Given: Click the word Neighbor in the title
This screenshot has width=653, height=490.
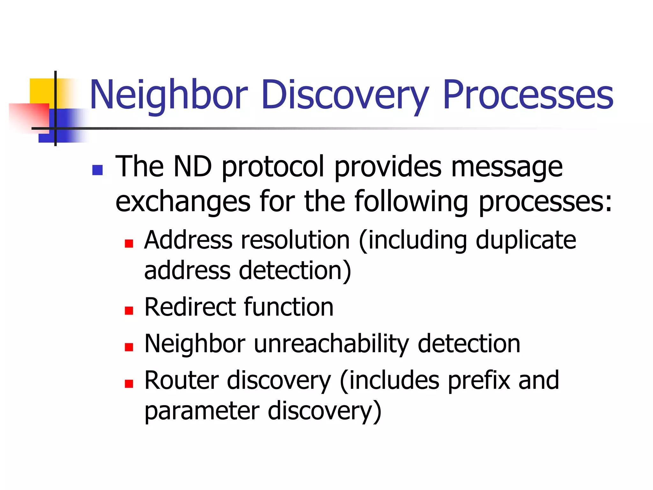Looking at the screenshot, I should click(x=169, y=95).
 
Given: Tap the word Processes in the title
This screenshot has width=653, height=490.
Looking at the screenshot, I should click(x=528, y=95).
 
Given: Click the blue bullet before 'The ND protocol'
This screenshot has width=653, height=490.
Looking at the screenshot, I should click(x=97, y=170).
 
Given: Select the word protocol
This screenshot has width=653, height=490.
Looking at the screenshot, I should click(x=273, y=167).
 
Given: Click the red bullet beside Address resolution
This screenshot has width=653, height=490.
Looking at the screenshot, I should click(x=129, y=244).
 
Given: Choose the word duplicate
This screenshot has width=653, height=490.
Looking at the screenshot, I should click(x=526, y=240).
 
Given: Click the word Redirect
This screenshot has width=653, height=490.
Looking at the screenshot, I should click(x=190, y=307).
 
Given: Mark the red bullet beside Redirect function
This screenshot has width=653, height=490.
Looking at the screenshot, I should click(x=129, y=310).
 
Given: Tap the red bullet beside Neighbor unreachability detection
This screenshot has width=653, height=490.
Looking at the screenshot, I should click(x=129, y=347).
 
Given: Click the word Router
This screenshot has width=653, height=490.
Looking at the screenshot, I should click(x=181, y=380).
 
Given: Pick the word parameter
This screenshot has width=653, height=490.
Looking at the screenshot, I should click(x=202, y=412).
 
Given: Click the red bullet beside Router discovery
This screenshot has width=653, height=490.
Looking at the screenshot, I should click(x=129, y=383).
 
